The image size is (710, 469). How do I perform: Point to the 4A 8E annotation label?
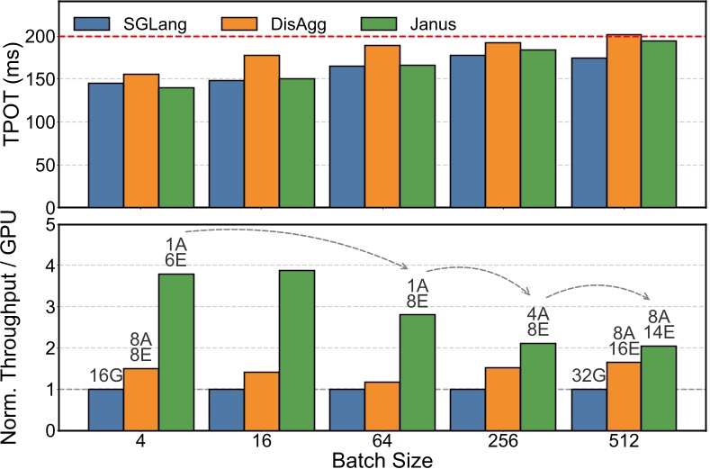pos(538,323)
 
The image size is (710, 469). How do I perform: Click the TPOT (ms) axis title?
pos(16,106)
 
